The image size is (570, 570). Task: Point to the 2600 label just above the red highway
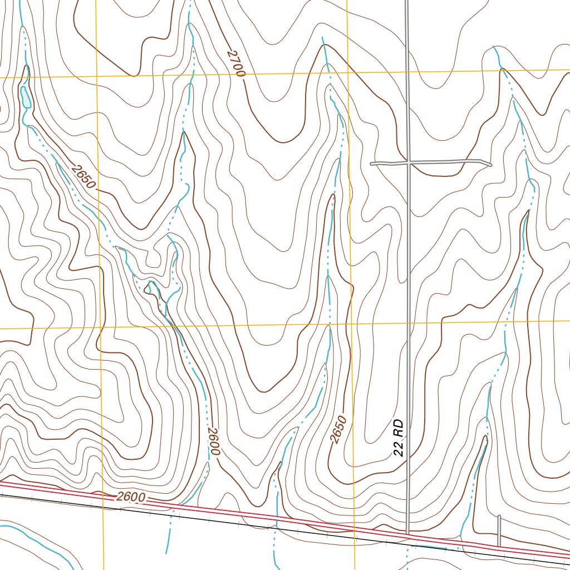point(131,497)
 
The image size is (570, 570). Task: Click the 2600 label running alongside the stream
point(214,441)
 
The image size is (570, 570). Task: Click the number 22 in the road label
point(398,449)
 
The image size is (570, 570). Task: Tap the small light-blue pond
point(26,97)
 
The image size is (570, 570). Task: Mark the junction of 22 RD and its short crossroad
point(407,163)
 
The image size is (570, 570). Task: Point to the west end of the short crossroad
point(372,164)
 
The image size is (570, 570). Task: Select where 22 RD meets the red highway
point(408,535)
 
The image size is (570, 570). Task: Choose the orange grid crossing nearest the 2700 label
point(347,73)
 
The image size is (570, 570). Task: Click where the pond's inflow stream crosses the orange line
point(24,76)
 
